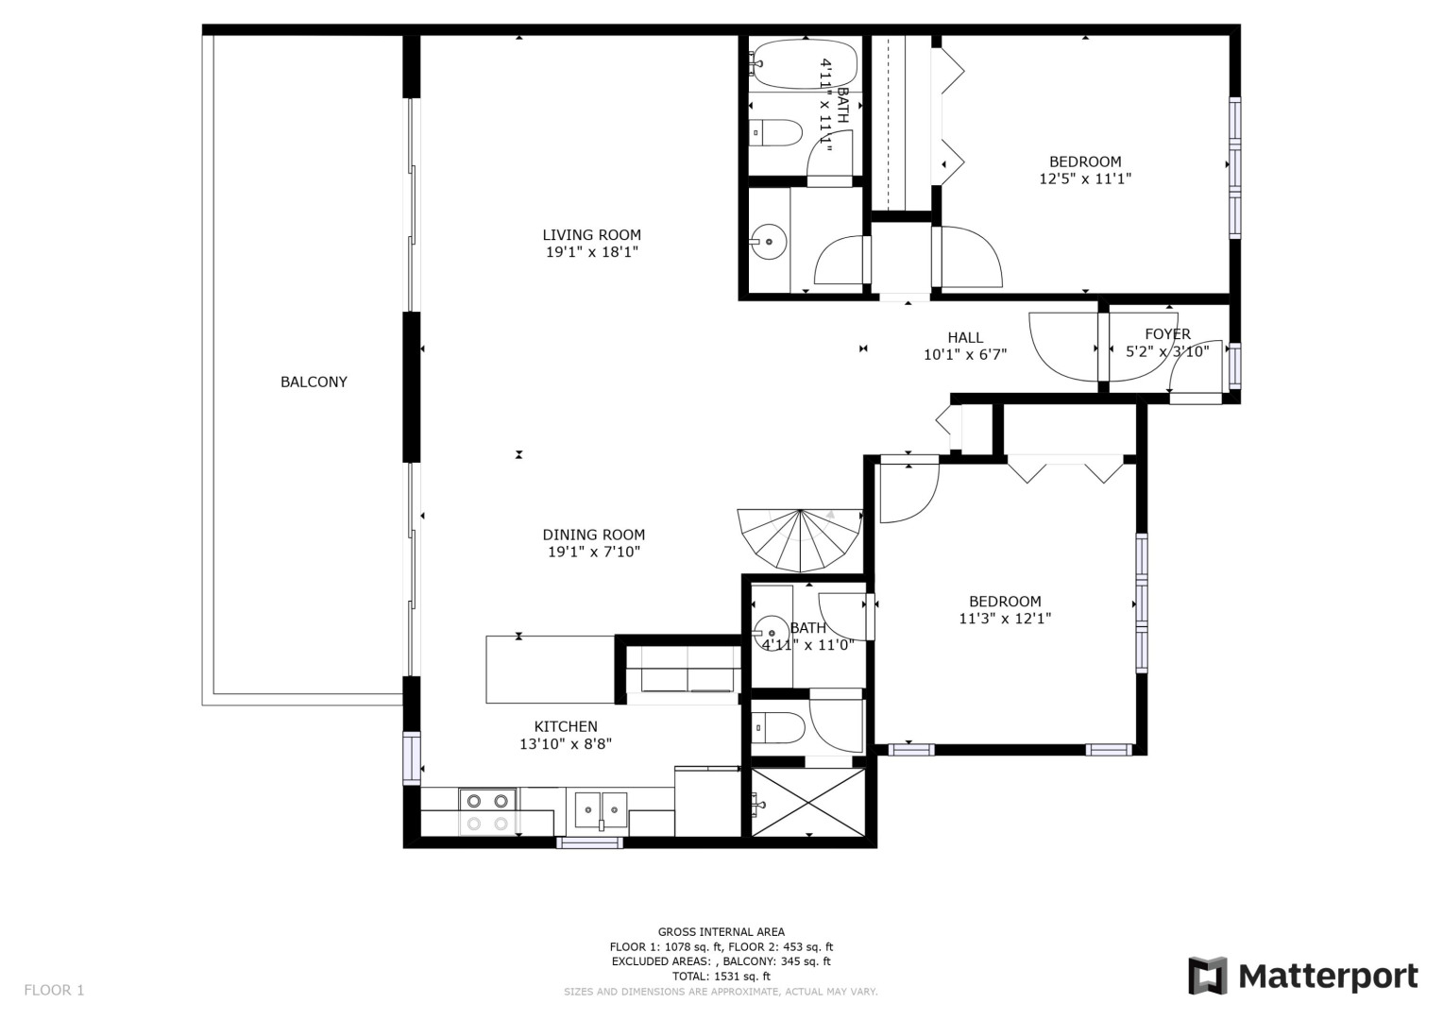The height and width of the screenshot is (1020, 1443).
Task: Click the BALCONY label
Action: [x=314, y=382]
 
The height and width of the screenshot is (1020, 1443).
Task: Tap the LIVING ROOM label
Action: [x=591, y=235]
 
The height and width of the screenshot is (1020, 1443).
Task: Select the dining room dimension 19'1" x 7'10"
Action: [x=594, y=552]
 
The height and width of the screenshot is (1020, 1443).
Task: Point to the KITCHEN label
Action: [x=566, y=726]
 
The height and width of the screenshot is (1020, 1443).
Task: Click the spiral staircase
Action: [x=800, y=540]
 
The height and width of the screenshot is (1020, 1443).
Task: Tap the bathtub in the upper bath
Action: [x=806, y=64]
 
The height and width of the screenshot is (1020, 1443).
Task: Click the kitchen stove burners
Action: [x=487, y=812]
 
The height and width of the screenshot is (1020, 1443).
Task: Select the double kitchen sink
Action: [x=601, y=810]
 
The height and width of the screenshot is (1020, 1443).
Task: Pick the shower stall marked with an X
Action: [x=808, y=802]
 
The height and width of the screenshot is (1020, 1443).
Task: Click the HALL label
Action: [x=965, y=337]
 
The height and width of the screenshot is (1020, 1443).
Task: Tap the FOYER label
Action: [x=1167, y=334]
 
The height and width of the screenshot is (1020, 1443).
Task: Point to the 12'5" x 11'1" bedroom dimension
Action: [x=1085, y=179]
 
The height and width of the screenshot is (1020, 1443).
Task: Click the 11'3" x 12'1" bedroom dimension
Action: [x=1005, y=619]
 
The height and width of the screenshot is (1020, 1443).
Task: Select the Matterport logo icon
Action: [x=1208, y=977]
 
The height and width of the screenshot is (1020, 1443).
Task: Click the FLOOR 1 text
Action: [x=54, y=991]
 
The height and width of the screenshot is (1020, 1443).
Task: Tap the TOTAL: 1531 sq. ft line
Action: [x=721, y=977]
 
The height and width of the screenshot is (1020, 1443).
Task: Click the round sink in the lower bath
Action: [x=771, y=633]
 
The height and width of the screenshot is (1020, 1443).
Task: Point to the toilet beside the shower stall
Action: [x=777, y=728]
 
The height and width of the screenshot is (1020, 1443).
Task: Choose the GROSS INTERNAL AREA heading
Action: [x=721, y=932]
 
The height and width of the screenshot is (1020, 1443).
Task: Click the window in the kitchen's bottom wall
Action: [x=589, y=842]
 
